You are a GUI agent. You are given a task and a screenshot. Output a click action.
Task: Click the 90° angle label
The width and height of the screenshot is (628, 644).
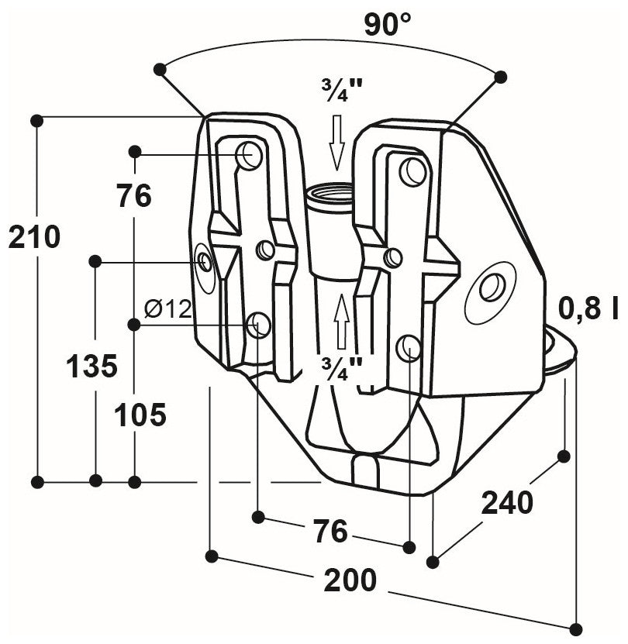tap(388, 26)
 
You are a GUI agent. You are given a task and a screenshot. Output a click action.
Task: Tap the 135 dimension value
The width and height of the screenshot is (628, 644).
tap(92, 365)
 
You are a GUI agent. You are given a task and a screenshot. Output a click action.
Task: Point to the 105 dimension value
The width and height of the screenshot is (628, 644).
tap(140, 415)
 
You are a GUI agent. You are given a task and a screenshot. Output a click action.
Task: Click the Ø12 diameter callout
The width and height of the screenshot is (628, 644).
tap(167, 309)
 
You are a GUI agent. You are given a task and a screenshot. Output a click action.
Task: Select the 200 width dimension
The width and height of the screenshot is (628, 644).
tap(350, 579)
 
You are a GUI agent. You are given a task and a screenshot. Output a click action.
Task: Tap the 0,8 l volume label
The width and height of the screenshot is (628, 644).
tap(588, 309)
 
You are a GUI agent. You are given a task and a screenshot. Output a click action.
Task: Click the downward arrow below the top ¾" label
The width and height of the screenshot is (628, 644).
tap(336, 142)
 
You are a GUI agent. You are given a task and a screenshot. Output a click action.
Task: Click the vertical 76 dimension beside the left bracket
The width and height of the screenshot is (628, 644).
tap(134, 196)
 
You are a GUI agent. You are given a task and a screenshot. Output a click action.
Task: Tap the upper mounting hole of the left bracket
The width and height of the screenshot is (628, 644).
tap(250, 156)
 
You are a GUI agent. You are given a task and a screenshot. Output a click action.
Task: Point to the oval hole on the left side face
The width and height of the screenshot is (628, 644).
tap(205, 261)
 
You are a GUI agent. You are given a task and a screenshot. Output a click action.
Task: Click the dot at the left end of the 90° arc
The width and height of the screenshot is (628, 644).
tap(160, 70)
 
